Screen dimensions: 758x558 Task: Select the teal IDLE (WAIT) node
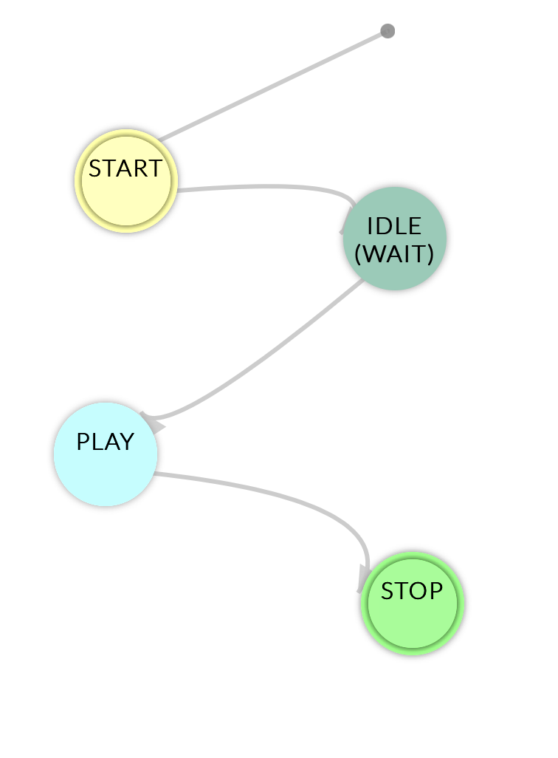coord(394,239)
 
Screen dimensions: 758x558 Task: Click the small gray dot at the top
coord(387,31)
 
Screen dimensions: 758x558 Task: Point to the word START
coord(125,169)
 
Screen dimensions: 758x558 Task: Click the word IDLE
coord(394,226)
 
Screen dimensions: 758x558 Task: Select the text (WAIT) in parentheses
coord(394,254)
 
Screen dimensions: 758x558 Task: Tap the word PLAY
coord(106,443)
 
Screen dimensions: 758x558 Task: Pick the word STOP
coord(412,591)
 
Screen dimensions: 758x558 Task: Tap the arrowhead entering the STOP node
coord(364,580)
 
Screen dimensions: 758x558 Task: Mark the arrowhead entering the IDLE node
coord(344,225)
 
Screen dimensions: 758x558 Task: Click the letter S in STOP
coord(387,591)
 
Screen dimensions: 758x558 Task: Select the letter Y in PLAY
coord(127,443)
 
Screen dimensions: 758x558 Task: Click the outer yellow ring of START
coord(77,182)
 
